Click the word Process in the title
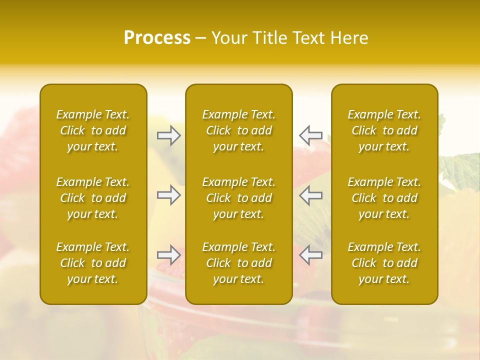pos(157,38)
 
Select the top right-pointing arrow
pos(169,135)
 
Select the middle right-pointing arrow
pos(169,195)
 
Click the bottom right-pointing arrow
pos(169,255)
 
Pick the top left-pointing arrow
pos(310,135)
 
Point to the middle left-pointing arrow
pos(310,195)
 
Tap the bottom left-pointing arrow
pos(310,255)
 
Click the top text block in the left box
pos(93,130)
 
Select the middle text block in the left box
pos(93,198)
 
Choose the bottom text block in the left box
pos(93,263)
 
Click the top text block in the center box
pos(238,130)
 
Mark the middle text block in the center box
pos(238,198)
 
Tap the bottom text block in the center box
pos(238,263)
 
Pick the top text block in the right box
pos(384,130)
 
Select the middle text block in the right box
pos(384,198)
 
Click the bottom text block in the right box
pos(384,263)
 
